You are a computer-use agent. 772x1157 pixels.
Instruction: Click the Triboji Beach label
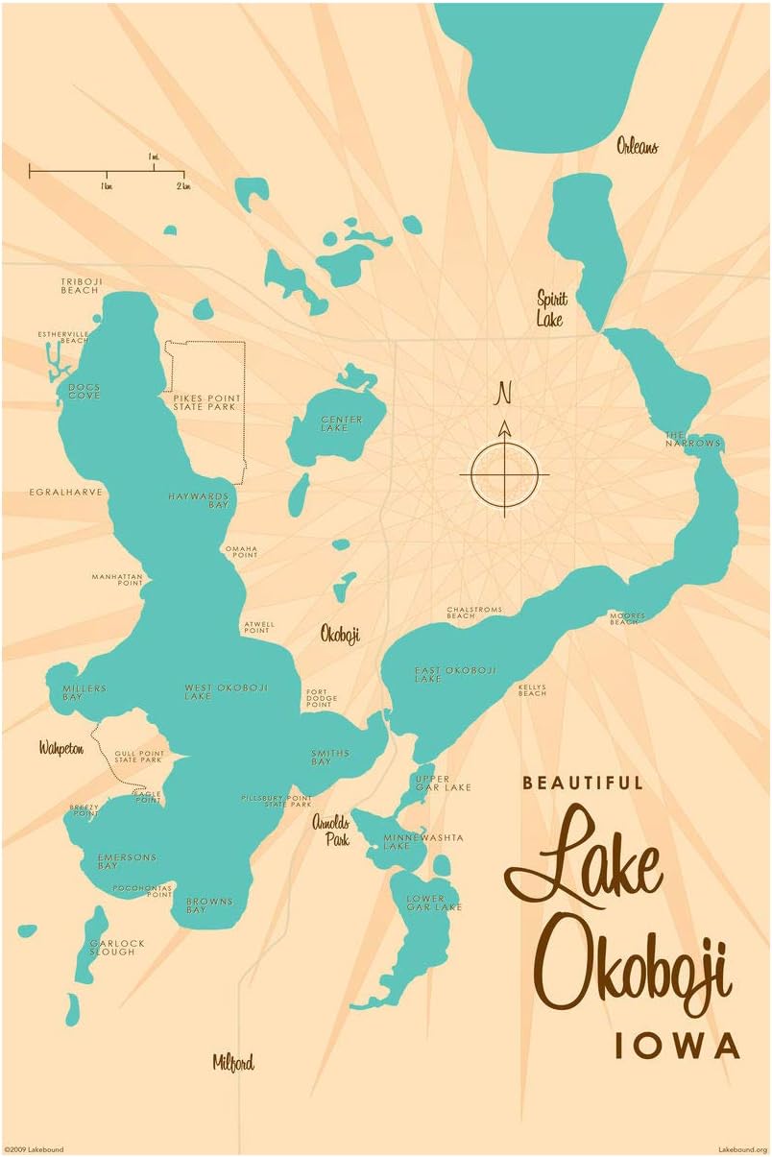[80, 285]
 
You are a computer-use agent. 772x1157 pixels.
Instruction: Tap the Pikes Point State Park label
[206, 401]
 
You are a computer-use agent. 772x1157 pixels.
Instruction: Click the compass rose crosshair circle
[504, 474]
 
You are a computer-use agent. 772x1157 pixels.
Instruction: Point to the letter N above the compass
[503, 393]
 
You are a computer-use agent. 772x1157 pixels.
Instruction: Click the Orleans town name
[637, 147]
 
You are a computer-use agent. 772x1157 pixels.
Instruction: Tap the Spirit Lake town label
[551, 308]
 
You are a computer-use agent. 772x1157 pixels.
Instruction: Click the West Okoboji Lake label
[226, 691]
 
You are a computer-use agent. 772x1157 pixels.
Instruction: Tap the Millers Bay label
[84, 692]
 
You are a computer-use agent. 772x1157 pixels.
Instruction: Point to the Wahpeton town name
[61, 748]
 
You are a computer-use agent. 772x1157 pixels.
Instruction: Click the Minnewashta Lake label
[409, 842]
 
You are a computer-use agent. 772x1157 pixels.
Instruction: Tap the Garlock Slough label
[117, 948]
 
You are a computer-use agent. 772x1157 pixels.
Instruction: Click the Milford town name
[233, 1062]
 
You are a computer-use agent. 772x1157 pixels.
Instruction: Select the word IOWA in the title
[677, 1045]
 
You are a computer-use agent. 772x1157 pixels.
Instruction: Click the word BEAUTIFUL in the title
[583, 783]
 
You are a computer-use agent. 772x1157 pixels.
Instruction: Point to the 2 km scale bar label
[181, 185]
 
